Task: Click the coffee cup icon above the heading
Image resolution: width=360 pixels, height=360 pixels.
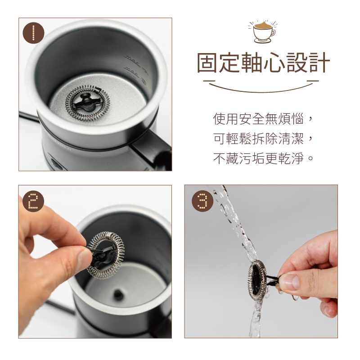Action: tap(263, 31)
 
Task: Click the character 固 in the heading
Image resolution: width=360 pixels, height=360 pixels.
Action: tap(210, 63)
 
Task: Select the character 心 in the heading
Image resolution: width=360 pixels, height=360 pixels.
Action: tap(263, 63)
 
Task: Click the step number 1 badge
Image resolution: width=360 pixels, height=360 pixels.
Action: tap(33, 32)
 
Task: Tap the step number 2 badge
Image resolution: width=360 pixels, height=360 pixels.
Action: tap(33, 200)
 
